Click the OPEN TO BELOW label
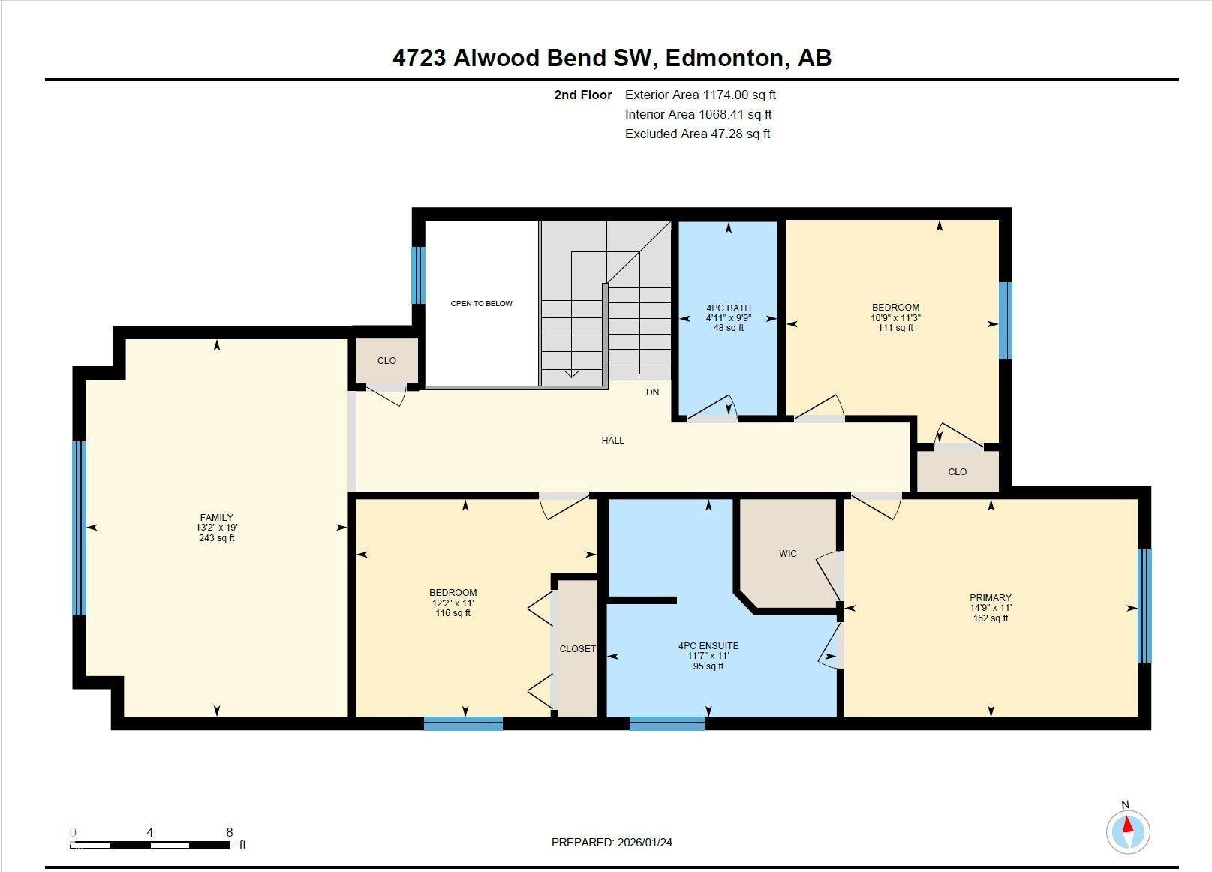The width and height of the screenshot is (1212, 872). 481,303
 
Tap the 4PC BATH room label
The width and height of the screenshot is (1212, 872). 728,308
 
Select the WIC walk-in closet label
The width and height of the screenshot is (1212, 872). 787,553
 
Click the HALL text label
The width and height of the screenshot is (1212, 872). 612,441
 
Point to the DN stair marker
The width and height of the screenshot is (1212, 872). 652,392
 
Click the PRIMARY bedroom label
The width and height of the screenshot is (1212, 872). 990,598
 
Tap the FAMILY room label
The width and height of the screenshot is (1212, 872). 216,517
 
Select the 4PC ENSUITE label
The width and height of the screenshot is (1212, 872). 708,645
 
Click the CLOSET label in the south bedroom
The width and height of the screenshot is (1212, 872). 577,648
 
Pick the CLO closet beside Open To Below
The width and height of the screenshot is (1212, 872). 386,361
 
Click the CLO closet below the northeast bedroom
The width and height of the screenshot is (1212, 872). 957,472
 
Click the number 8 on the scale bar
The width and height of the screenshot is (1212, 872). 230,832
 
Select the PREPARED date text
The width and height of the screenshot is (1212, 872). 612,842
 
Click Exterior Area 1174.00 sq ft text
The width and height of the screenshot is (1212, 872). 699,95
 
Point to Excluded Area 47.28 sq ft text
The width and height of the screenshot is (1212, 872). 697,134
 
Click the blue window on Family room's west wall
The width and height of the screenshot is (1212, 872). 80,528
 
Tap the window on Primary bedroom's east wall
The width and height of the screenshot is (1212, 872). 1144,606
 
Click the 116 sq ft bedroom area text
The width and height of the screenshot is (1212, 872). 453,613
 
